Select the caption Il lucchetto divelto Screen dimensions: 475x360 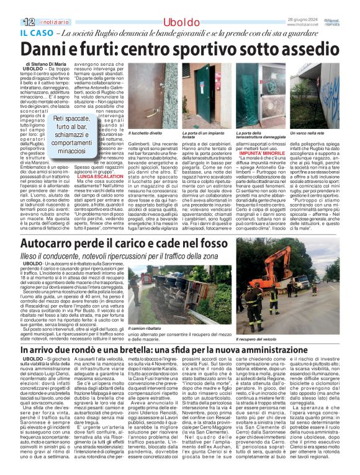click(144, 133)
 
